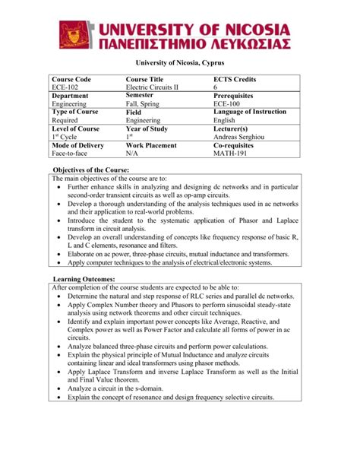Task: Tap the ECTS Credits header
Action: pyautogui.click(x=235, y=79)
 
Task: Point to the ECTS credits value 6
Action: pyautogui.click(x=216, y=88)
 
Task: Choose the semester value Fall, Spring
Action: pyautogui.click(x=147, y=104)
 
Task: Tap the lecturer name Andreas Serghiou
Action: pyautogui.click(x=243, y=137)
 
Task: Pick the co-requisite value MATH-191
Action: pyautogui.click(x=233, y=153)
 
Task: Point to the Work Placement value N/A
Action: pyautogui.click(x=133, y=153)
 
